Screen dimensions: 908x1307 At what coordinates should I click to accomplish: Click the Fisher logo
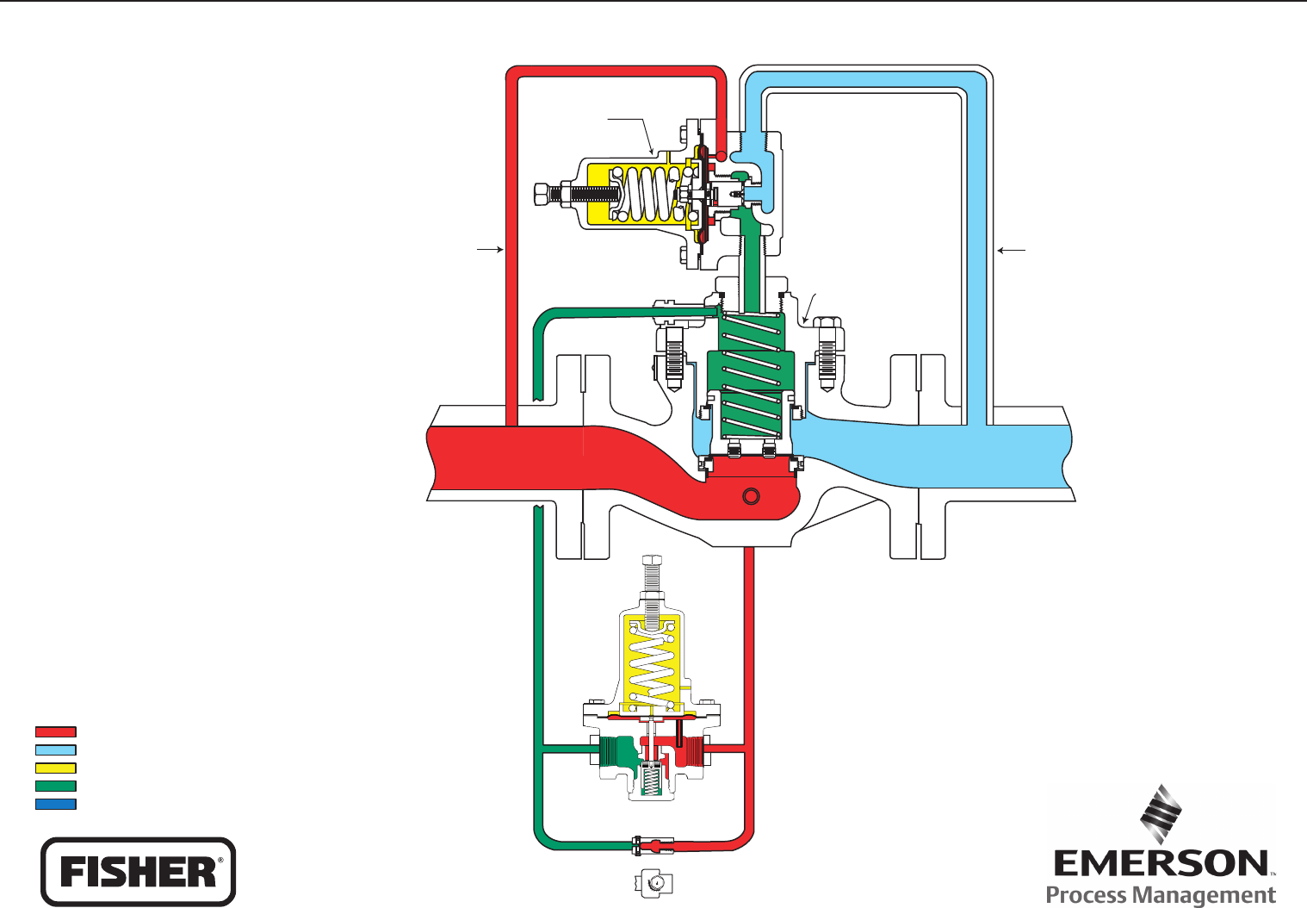[x=138, y=871]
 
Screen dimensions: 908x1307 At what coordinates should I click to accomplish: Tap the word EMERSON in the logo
[x=1161, y=863]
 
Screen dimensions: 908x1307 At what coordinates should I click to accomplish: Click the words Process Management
[x=1161, y=895]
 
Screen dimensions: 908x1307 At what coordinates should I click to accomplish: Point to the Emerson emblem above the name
[x=1161, y=813]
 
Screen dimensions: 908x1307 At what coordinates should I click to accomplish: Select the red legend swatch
[x=56, y=731]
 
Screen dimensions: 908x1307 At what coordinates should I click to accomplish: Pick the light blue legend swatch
[x=56, y=749]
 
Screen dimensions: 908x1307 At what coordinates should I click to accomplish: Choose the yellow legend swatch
[x=56, y=768]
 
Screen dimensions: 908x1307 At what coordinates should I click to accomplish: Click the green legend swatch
[x=56, y=786]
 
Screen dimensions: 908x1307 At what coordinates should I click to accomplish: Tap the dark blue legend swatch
[x=56, y=804]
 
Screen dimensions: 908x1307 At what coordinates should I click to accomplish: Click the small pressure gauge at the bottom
[x=653, y=882]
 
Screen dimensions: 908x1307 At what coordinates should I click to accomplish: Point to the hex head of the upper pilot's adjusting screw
[x=543, y=194]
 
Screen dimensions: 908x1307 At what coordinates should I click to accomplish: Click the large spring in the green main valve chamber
[x=753, y=370]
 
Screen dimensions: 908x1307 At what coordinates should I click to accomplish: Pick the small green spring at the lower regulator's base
[x=653, y=781]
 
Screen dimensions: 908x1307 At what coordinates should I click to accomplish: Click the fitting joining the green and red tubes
[x=641, y=844]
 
